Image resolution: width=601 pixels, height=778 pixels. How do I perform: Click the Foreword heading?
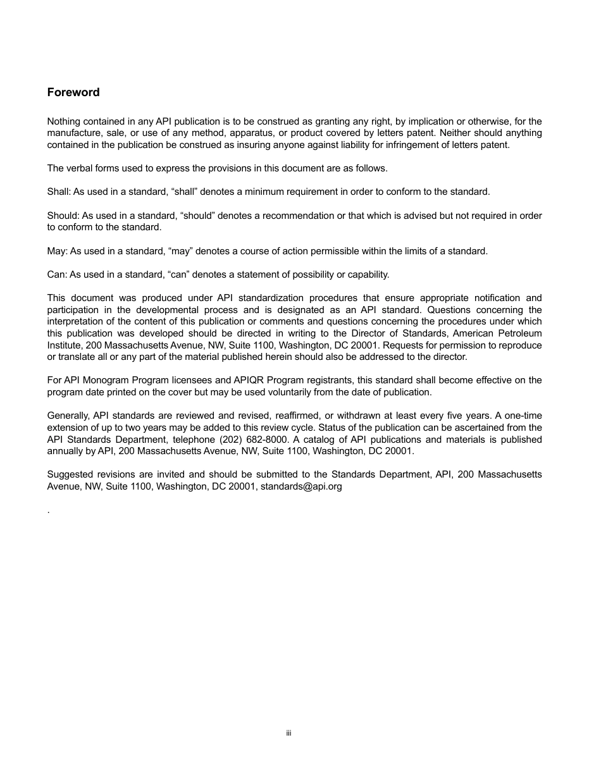pos(73,92)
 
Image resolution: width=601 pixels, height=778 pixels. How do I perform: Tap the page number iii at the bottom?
pos(288,733)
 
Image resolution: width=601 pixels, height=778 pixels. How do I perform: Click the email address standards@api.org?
pos(301,486)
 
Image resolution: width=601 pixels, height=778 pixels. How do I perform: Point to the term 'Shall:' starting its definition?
pos(59,192)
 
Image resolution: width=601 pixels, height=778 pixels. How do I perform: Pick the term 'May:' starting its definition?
pos(57,251)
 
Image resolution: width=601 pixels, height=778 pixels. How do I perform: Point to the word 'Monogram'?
pos(111,380)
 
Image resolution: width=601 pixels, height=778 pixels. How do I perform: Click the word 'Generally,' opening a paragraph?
pos(69,416)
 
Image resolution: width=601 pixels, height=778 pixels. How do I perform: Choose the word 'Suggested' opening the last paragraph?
pos(69,474)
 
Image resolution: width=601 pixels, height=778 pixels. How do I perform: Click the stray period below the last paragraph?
pos(49,511)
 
